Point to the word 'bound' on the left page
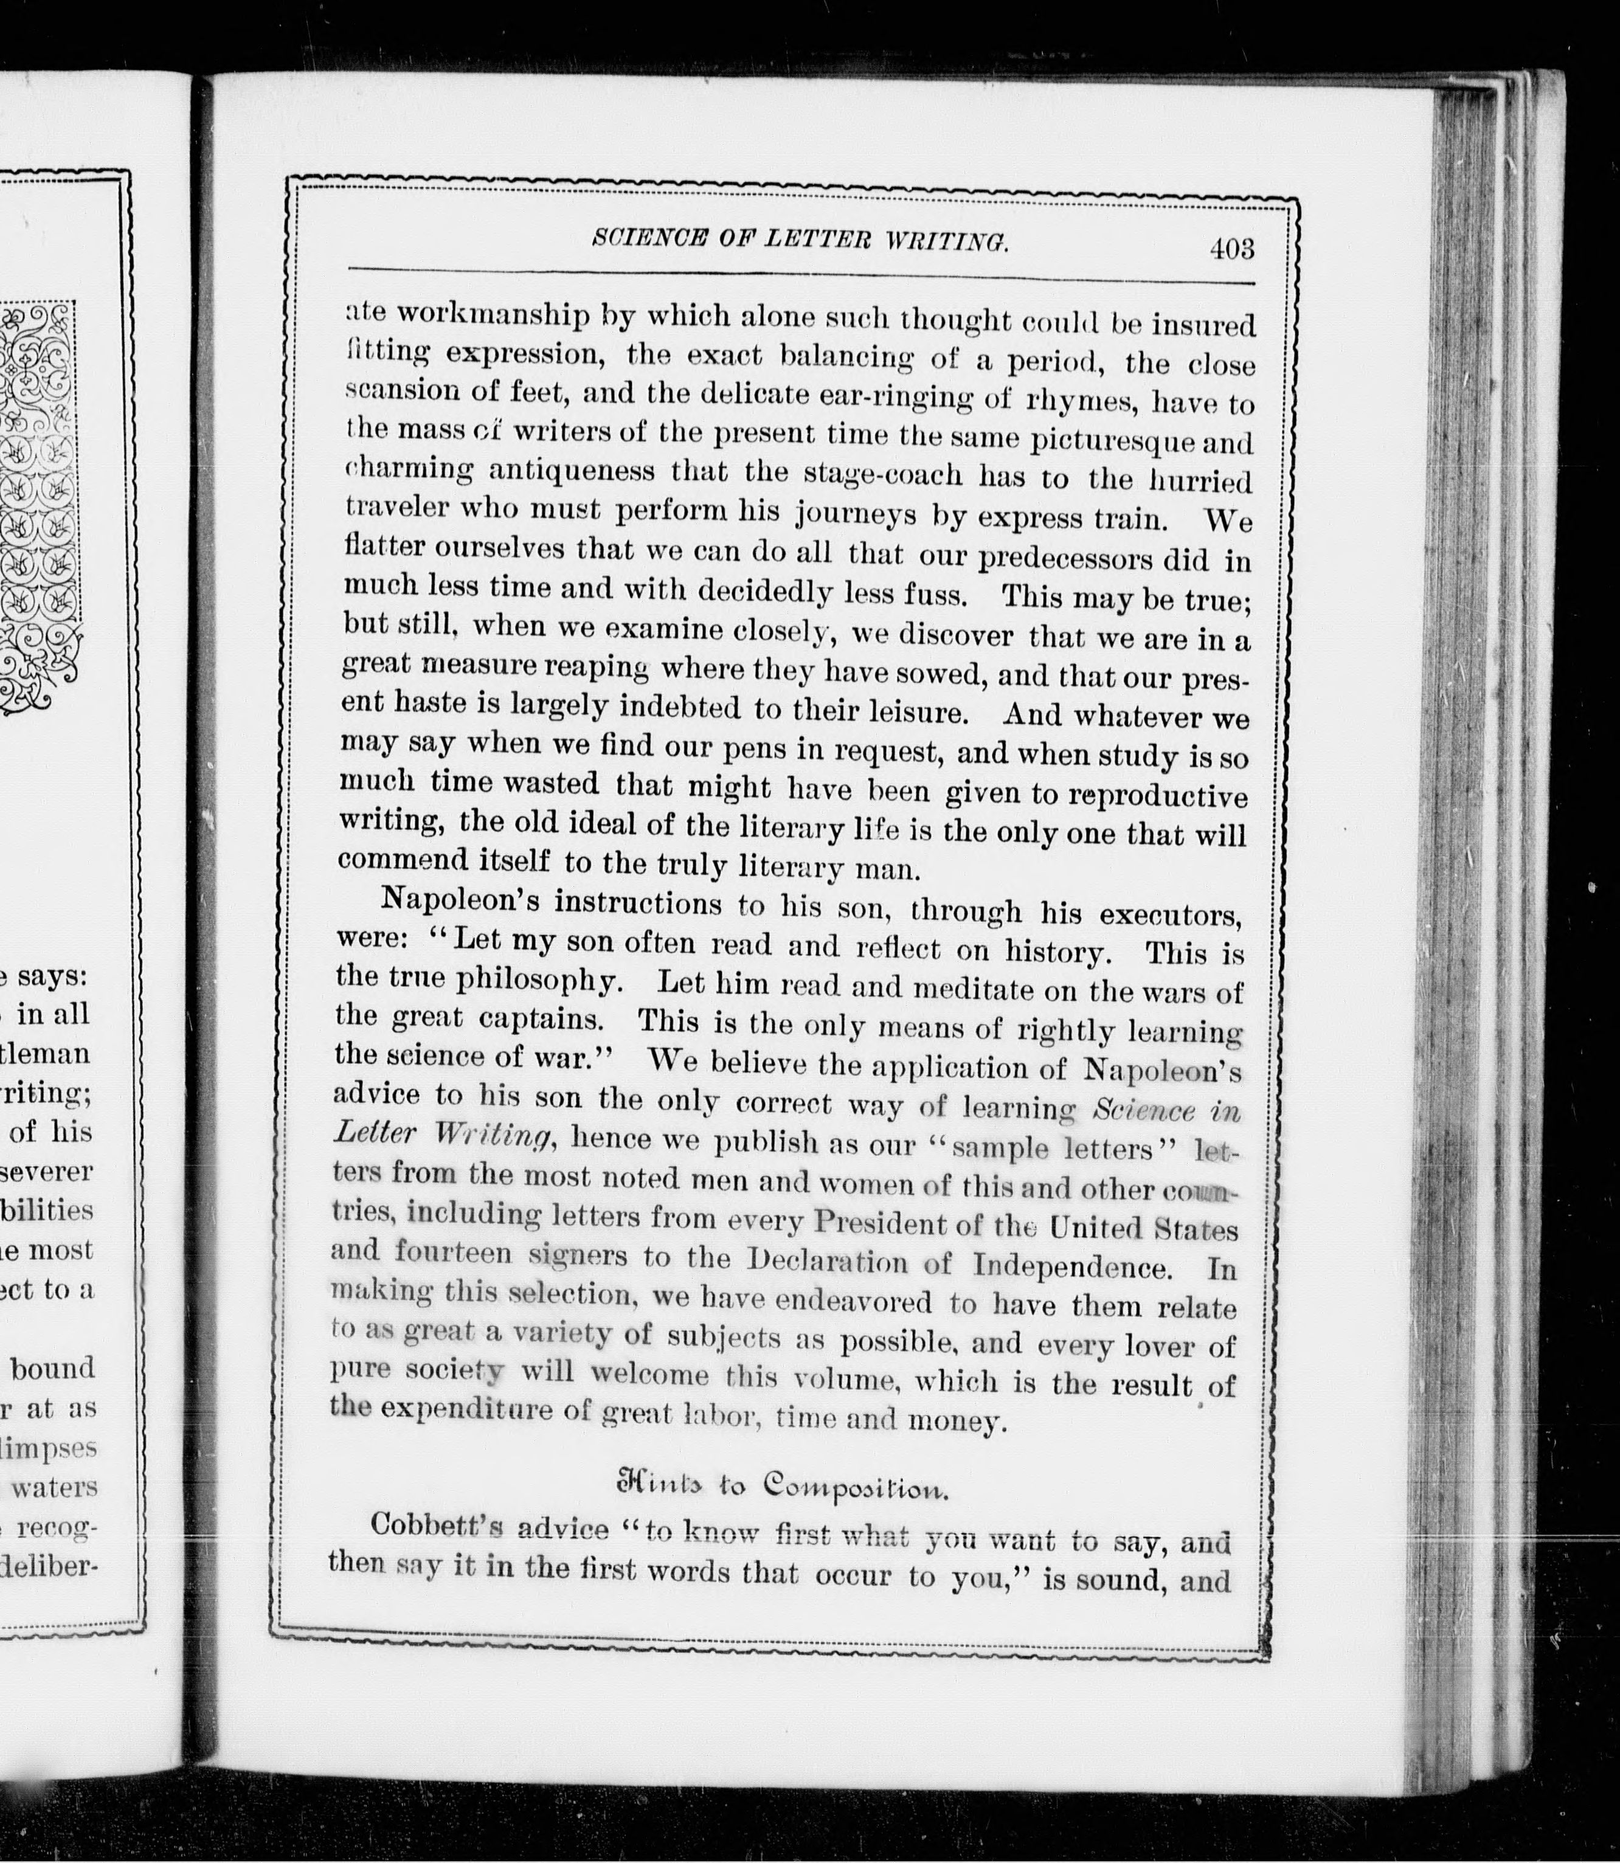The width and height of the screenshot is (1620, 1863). tap(52, 1367)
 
